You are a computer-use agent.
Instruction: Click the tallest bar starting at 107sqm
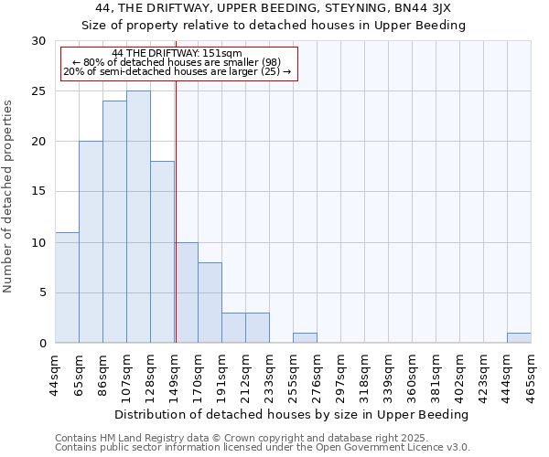click(138, 217)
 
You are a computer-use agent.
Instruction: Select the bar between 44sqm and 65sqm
click(67, 288)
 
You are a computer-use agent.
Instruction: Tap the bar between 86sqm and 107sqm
click(114, 221)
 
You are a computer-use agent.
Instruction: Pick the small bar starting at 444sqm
click(519, 338)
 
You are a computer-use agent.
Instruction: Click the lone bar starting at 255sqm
click(305, 338)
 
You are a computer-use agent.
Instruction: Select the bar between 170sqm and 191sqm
click(210, 303)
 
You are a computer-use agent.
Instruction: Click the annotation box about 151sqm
click(179, 63)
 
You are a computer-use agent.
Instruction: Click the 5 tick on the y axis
click(42, 293)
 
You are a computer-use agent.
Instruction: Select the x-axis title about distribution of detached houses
click(293, 414)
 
